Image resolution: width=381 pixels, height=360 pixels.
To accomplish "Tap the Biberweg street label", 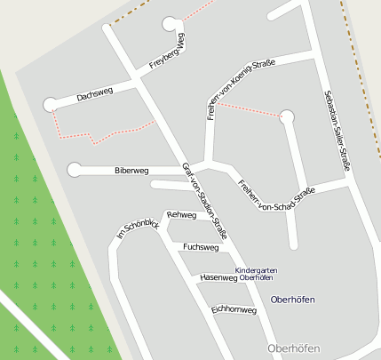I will coord(131,169).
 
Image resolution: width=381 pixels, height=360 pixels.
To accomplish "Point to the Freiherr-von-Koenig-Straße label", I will coord(240,89).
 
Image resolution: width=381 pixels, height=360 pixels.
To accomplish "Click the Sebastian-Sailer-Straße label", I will coord(336,124).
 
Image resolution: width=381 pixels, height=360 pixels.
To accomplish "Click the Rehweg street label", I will coord(181,215).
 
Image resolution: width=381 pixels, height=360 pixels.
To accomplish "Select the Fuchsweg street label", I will coord(200,246).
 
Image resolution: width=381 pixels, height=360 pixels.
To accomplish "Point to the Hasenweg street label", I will coord(218,278).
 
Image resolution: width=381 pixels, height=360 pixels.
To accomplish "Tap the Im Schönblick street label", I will coord(138,230).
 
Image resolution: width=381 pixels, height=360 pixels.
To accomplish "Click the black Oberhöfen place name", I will coord(292,300).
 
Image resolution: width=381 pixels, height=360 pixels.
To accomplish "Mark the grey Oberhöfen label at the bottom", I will coord(292,348).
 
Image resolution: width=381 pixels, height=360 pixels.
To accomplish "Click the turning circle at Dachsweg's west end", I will coord(50,104).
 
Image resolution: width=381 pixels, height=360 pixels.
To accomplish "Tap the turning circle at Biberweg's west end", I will coord(74,169).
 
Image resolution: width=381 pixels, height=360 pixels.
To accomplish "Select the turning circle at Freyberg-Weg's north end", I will coord(170,24).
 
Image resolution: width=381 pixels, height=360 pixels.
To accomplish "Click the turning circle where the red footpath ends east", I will coord(286,116).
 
